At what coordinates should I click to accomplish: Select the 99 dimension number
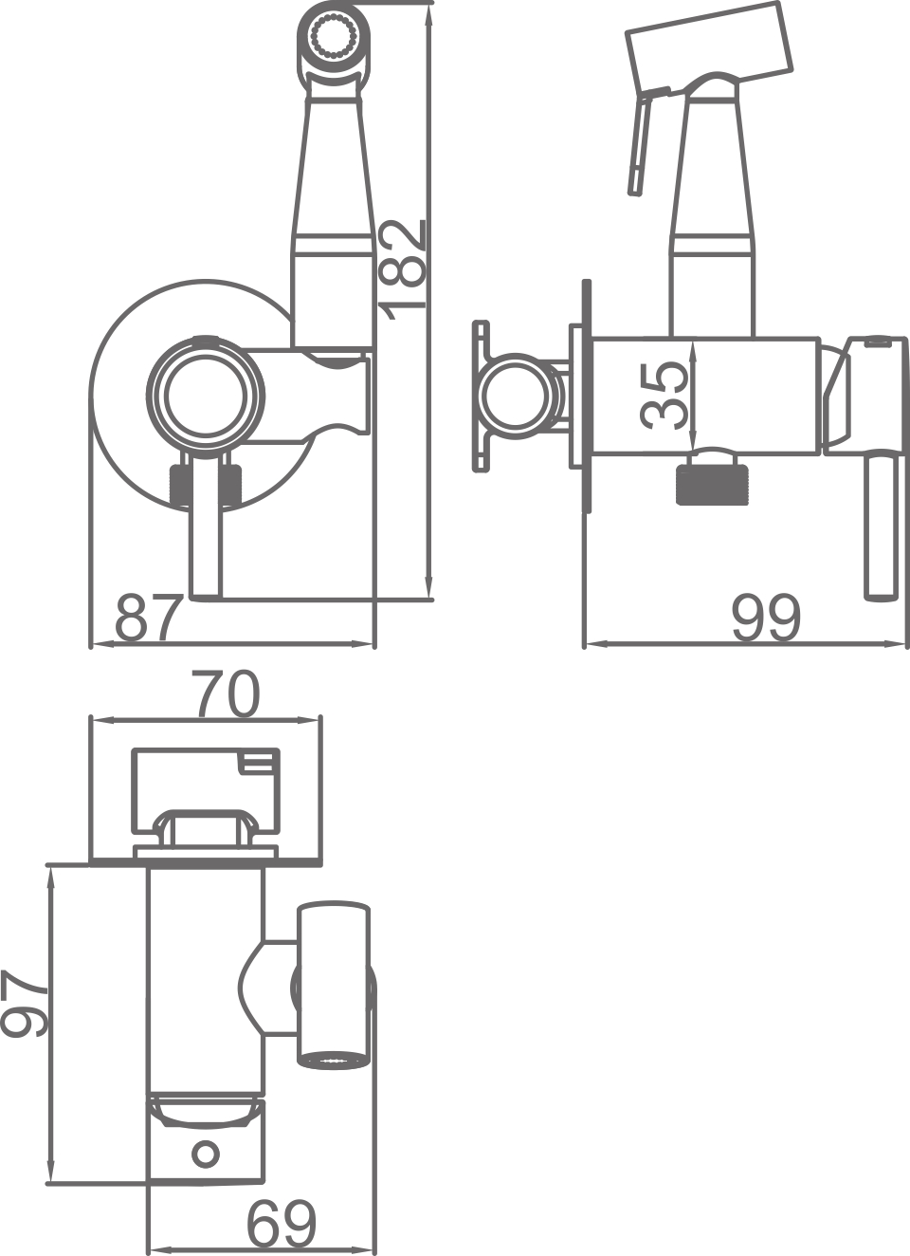[766, 619]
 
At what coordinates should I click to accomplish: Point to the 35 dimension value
[665, 395]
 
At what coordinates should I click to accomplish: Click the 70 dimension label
[226, 694]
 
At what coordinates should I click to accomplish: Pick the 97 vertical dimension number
[25, 1004]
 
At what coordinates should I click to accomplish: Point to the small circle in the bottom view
[205, 1154]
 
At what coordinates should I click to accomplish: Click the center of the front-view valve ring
[207, 396]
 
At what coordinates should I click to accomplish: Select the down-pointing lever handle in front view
[206, 536]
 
